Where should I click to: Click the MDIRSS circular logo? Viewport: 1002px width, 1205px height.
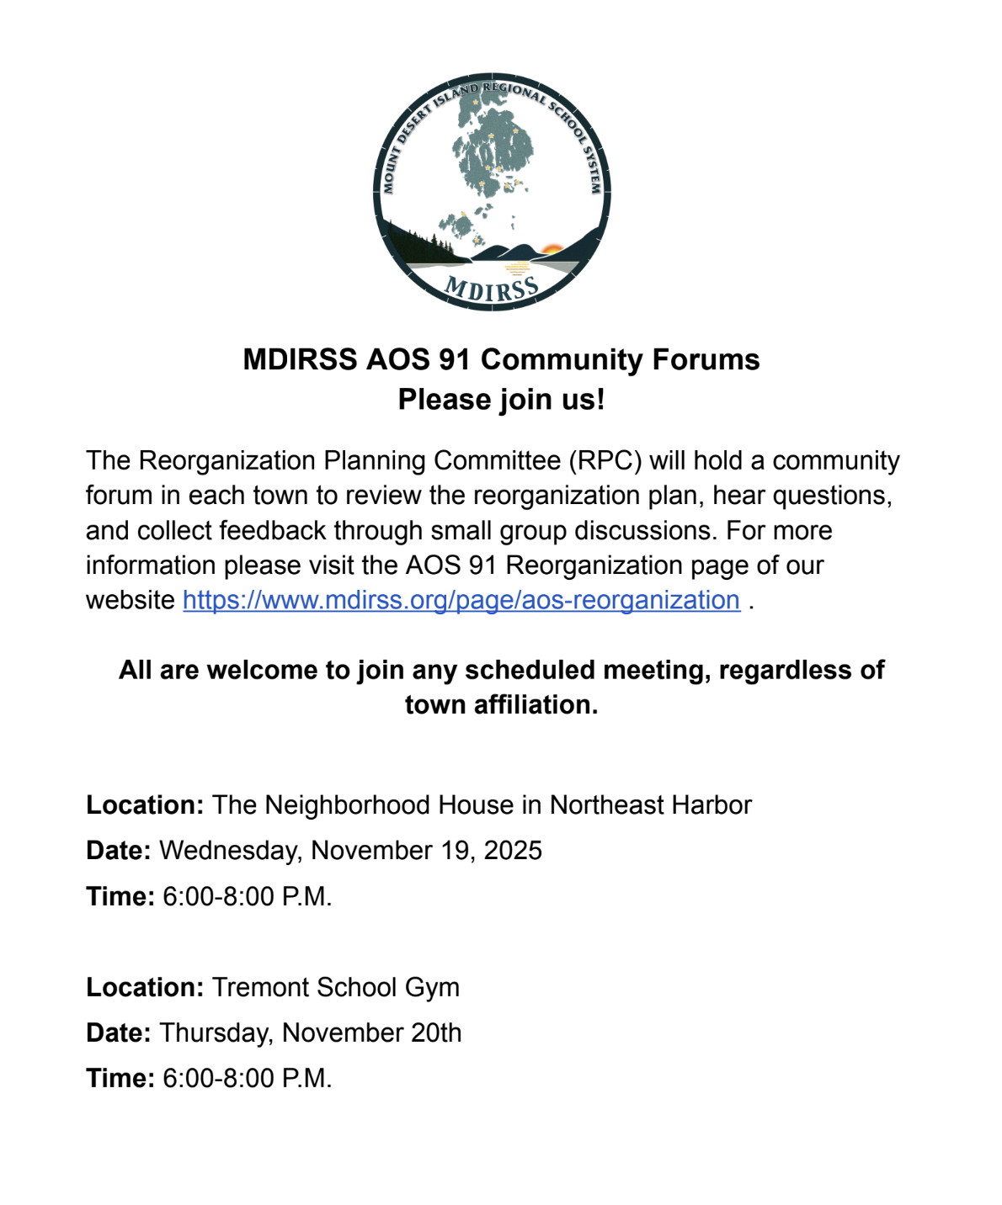492,192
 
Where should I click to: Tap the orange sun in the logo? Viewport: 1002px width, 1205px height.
552,249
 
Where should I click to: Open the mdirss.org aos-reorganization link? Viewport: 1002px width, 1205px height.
461,600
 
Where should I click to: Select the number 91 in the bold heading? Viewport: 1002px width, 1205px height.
455,359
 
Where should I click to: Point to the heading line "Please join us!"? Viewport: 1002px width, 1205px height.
501,399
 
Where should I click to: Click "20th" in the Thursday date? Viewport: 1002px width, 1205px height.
436,1032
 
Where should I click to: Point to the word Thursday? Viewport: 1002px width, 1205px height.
216,1032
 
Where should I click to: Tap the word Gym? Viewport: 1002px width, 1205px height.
432,987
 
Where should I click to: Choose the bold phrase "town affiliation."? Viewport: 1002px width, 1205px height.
501,704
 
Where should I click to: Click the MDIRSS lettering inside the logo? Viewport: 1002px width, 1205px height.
492,289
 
